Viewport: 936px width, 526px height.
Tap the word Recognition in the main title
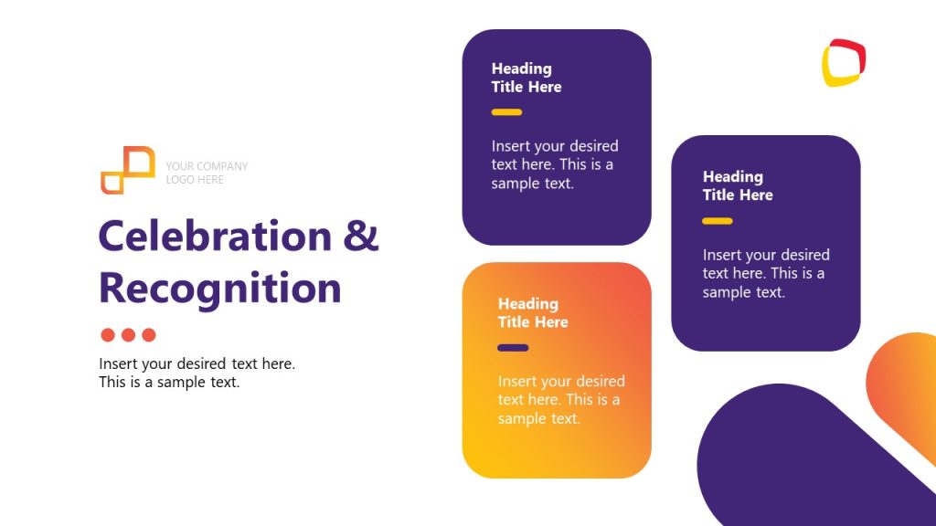[x=219, y=288]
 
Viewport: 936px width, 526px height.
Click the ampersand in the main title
[x=361, y=237]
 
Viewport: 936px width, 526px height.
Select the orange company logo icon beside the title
[x=127, y=171]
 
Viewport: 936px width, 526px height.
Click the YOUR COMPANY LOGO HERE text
[x=207, y=173]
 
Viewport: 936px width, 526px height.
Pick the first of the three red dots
[x=108, y=335]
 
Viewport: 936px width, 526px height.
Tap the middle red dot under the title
[x=128, y=335]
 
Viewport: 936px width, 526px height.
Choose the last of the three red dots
[x=149, y=335]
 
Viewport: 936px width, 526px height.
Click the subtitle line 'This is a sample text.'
[x=169, y=383]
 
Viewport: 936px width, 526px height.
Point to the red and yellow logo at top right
[x=843, y=62]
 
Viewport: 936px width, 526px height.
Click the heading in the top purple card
[x=526, y=78]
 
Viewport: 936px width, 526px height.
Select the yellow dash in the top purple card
[x=506, y=112]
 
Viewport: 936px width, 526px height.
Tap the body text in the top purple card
[x=555, y=164]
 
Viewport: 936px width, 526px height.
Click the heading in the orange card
[x=533, y=312]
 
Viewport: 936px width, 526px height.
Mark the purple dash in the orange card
[x=513, y=348]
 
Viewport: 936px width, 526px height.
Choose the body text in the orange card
[x=561, y=400]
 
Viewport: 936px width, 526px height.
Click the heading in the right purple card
[x=738, y=185]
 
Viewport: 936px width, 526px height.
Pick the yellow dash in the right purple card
[x=718, y=221]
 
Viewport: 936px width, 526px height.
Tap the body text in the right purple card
[x=766, y=273]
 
